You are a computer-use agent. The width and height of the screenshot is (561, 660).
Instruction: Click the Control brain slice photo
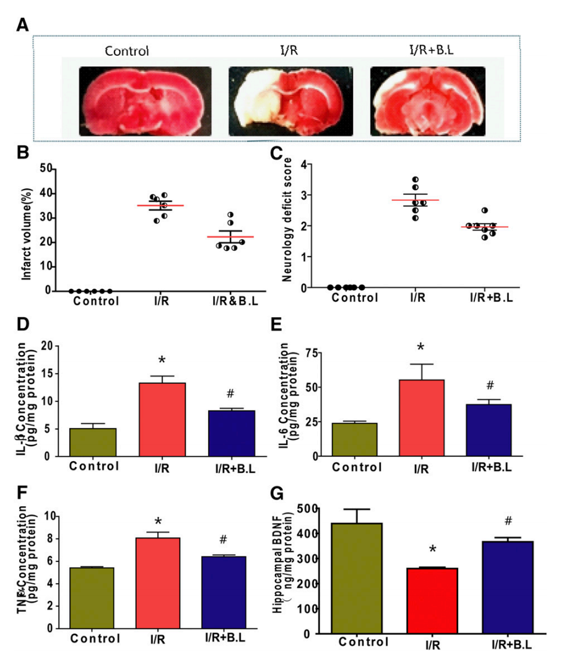click(x=145, y=100)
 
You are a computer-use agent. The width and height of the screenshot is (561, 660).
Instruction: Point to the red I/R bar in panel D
click(x=162, y=420)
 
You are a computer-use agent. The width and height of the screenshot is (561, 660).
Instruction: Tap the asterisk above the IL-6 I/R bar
click(x=420, y=347)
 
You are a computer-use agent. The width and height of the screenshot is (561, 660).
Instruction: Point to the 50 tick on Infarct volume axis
click(x=45, y=168)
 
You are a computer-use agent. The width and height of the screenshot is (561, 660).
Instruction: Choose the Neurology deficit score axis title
click(x=287, y=226)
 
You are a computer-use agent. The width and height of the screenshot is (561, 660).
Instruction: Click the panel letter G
click(x=278, y=493)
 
